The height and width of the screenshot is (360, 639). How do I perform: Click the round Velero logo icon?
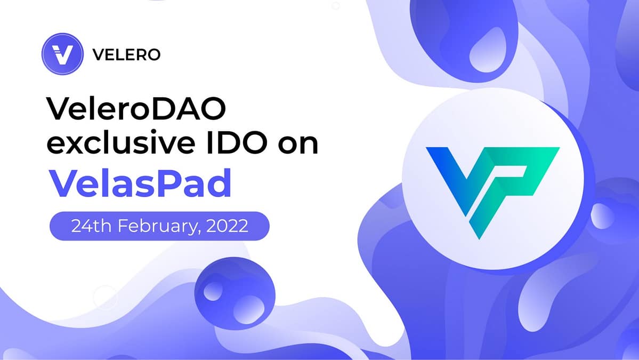pos(62,54)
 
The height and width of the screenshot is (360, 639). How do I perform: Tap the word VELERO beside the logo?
pos(126,54)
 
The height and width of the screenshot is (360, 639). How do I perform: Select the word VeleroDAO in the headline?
pos(136,108)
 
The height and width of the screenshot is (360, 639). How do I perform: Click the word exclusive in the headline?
pos(122,143)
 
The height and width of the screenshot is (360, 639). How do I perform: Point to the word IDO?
pos(237,143)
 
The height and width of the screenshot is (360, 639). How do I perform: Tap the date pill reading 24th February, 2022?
pos(159,226)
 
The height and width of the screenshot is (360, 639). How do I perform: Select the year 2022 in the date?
pos(227,226)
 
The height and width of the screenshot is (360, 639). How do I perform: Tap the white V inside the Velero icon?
pos(62,54)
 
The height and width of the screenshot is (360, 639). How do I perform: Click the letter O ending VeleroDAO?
pos(213,108)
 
